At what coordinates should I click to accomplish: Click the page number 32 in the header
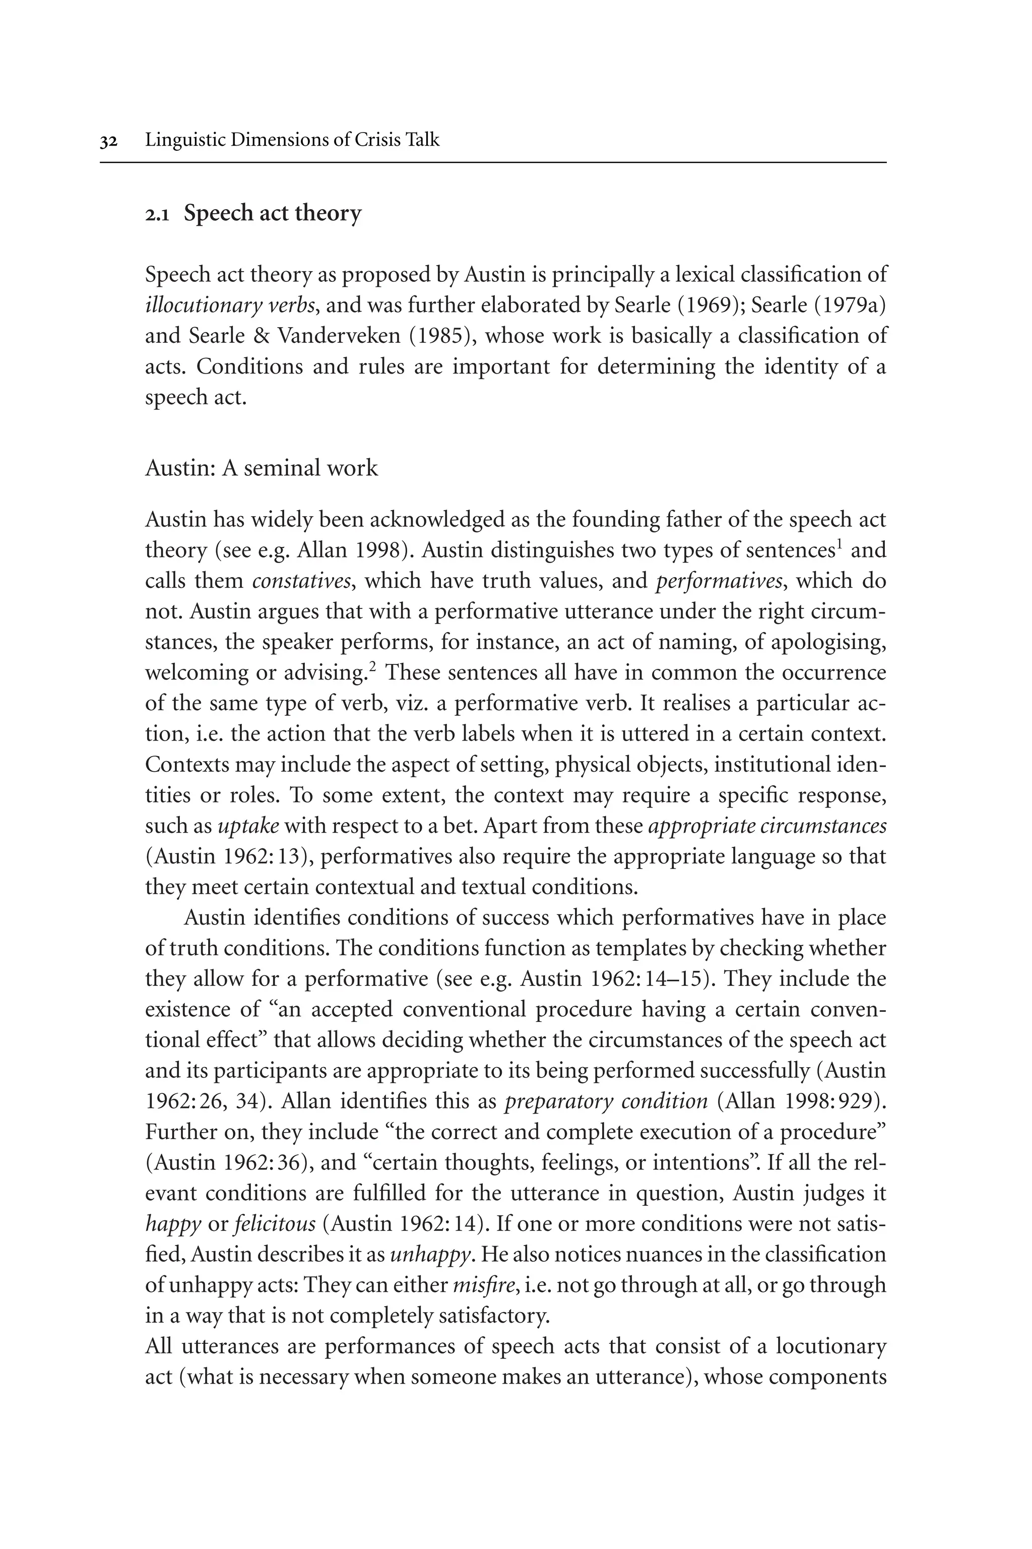109,141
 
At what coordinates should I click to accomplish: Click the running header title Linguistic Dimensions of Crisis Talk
292,140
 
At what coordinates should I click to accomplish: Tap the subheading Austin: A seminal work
262,468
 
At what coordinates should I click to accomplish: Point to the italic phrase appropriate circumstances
767,826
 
